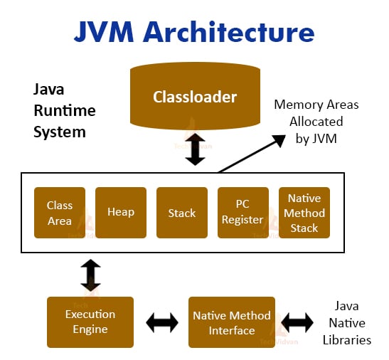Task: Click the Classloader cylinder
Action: tap(194, 97)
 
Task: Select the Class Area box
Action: tap(60, 213)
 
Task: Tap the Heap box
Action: tap(121, 213)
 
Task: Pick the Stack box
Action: tap(182, 213)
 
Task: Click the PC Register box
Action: tap(243, 213)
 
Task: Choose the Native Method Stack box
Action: tap(304, 213)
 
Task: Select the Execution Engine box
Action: tap(90, 322)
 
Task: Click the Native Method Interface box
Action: tap(231, 322)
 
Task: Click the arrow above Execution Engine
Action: tap(91, 275)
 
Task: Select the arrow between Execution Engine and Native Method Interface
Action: tap(161, 322)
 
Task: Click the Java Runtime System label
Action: tap(64, 111)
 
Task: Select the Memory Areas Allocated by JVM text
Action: tap(316, 122)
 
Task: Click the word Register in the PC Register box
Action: tap(243, 220)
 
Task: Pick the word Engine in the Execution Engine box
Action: tap(90, 329)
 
